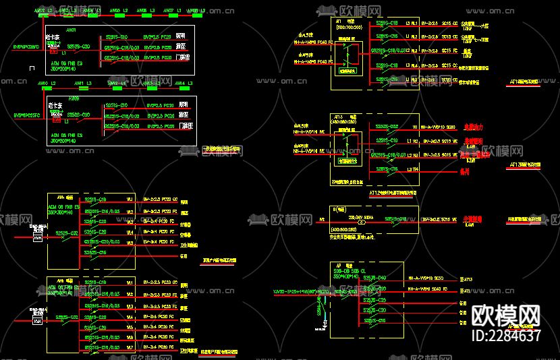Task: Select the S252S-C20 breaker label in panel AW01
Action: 76,47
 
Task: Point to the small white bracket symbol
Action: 31,67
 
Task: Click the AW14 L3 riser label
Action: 179,83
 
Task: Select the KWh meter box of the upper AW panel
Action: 38,237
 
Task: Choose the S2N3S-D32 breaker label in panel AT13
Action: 387,126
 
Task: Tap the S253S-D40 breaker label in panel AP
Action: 374,278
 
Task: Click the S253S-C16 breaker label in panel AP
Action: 374,320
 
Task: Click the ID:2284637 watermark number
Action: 506,335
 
